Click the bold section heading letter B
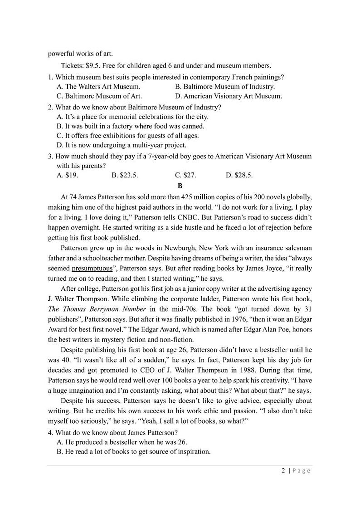tap(180, 186)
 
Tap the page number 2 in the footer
tap(283, 470)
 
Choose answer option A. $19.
tap(67, 175)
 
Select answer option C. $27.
tap(185, 175)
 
